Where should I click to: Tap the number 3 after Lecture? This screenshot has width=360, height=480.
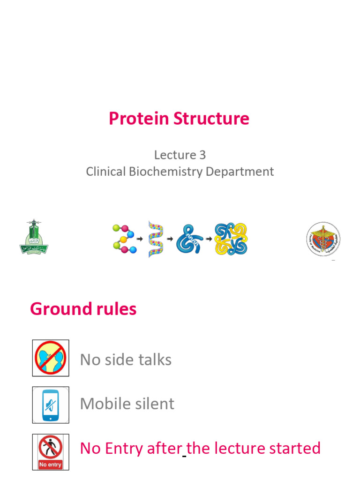click(x=202, y=155)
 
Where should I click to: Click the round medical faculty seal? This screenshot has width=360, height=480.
click(x=323, y=239)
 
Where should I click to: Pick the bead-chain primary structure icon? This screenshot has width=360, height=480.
click(x=123, y=239)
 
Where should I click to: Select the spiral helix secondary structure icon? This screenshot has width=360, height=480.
click(x=156, y=239)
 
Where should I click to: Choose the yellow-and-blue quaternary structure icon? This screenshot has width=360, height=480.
click(x=231, y=239)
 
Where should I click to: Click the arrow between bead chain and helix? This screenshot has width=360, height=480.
click(x=140, y=239)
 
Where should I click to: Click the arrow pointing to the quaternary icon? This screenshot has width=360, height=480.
click(x=209, y=239)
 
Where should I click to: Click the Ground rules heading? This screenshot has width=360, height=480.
click(x=83, y=309)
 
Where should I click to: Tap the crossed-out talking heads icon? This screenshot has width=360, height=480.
click(x=51, y=358)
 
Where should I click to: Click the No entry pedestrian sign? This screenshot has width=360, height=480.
click(x=51, y=451)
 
